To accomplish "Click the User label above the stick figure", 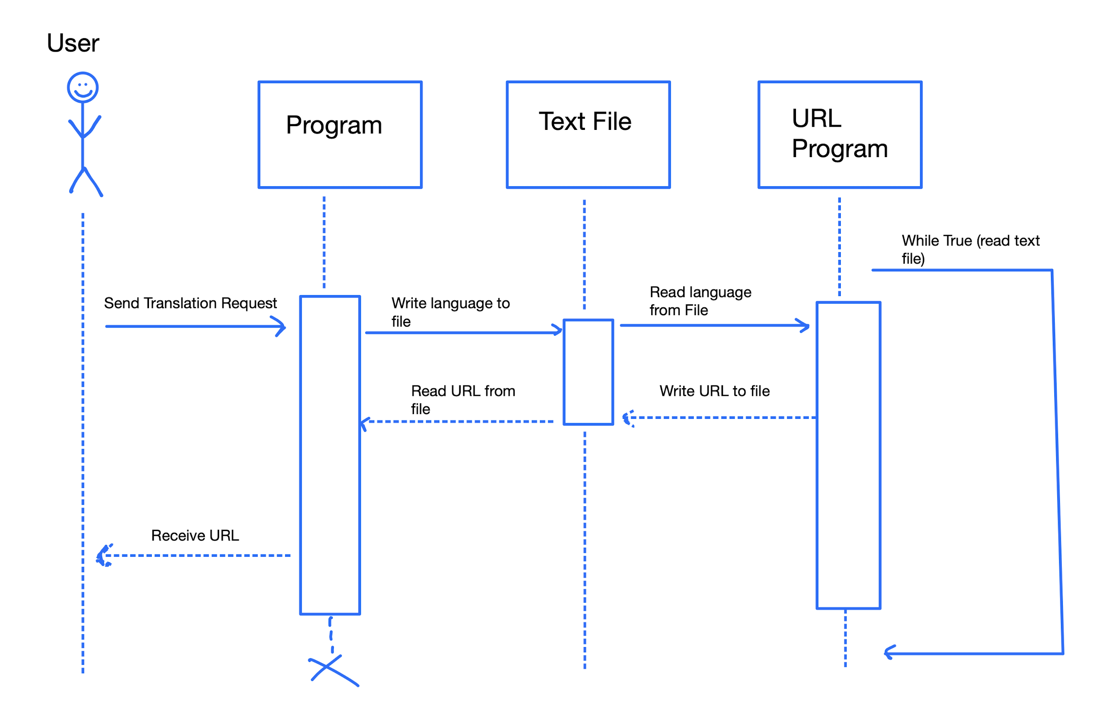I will [x=73, y=43].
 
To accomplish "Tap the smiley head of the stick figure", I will [x=83, y=87].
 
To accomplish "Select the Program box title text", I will [x=334, y=125].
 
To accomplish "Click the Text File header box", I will [x=588, y=135].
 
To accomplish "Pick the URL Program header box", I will [x=839, y=135].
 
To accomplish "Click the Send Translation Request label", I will [x=190, y=303].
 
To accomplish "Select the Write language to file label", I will [x=450, y=312].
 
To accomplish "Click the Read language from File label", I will [x=699, y=301].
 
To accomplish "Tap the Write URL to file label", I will [x=714, y=391].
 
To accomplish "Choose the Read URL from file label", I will [x=462, y=400].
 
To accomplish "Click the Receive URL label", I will [x=195, y=535].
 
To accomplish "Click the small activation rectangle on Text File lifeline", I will [x=588, y=372].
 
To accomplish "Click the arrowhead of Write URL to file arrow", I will [x=627, y=418].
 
